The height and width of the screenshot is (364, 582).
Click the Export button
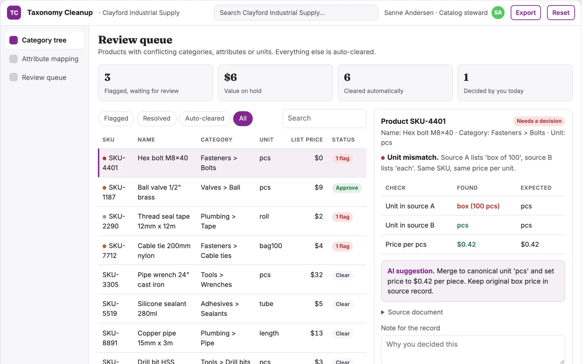click(x=525, y=12)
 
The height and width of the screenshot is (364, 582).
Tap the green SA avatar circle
click(x=498, y=12)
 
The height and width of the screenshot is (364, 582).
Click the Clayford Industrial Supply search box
click(x=296, y=12)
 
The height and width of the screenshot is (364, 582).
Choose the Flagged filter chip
click(x=116, y=118)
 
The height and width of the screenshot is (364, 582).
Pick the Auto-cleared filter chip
click(x=204, y=118)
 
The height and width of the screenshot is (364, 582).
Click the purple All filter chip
click(x=243, y=118)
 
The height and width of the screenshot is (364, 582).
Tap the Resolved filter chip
click(x=157, y=118)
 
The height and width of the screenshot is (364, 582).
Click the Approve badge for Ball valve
click(x=347, y=188)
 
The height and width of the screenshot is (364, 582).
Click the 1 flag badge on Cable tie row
click(x=342, y=246)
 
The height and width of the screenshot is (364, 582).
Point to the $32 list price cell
click(x=316, y=275)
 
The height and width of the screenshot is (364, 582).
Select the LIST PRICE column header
click(x=307, y=140)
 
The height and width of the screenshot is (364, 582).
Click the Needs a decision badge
click(x=539, y=121)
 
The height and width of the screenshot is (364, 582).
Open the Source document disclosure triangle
click(x=383, y=312)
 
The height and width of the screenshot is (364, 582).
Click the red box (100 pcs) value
click(x=478, y=206)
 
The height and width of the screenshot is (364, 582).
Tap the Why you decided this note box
click(x=473, y=349)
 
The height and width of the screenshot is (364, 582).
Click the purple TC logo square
click(x=14, y=12)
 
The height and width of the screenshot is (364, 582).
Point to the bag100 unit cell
click(x=271, y=246)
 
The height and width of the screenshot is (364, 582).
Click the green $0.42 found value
click(x=466, y=244)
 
